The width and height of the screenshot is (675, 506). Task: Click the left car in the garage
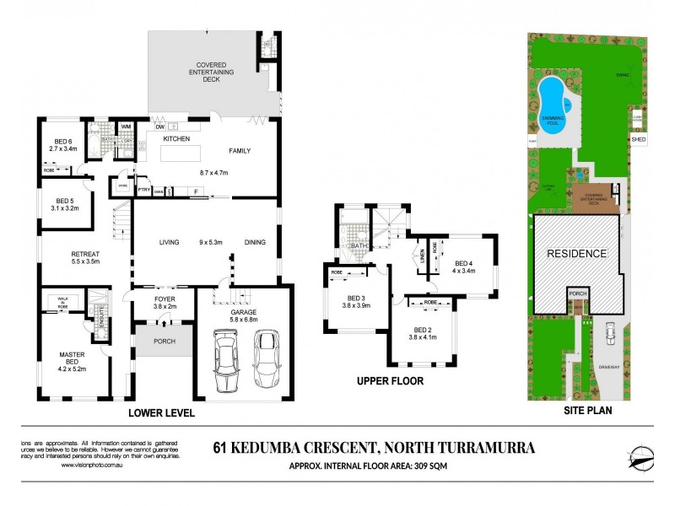tap(227, 359)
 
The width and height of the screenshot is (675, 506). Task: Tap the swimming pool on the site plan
tap(553, 107)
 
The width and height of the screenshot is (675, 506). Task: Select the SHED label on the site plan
tap(638, 140)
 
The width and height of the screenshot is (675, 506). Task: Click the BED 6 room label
tap(62, 143)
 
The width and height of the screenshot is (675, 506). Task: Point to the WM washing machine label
tap(126, 127)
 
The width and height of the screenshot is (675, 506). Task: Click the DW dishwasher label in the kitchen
tap(159, 126)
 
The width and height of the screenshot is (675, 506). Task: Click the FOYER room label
tap(164, 299)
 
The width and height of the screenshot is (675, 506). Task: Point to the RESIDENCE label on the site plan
tap(576, 253)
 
